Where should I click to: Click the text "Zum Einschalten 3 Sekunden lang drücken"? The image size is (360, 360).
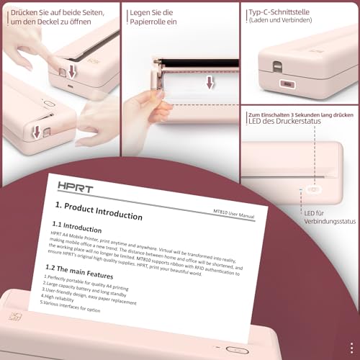coord(298,115)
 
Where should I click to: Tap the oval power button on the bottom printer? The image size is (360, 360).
coord(235,349)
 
